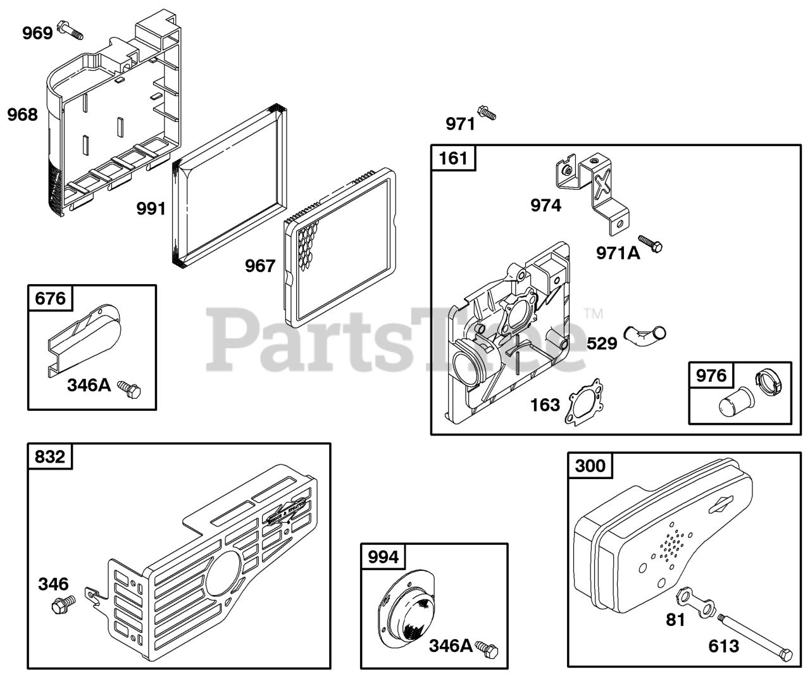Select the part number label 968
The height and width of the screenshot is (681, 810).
coord(23,115)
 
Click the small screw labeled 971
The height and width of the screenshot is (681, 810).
coord(487,113)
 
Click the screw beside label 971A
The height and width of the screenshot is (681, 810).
coord(651,244)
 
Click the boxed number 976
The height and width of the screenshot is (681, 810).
coord(711,375)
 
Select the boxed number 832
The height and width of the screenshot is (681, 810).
coord(50,456)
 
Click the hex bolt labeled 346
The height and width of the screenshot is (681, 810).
coord(63,604)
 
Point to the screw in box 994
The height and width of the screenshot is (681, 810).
coord(488,647)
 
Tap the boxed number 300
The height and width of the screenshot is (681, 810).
coord(590,466)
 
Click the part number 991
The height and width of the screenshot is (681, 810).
coord(151,209)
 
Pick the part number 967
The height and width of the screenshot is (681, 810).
coord(261,265)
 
